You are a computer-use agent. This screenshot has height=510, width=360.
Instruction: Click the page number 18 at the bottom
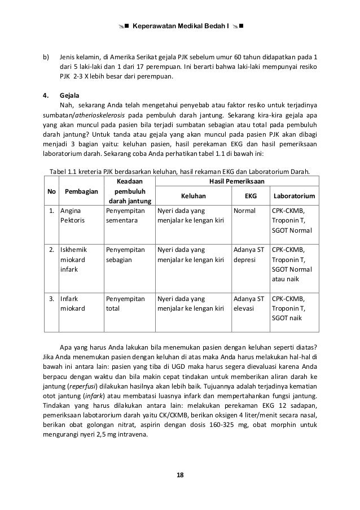[179, 489]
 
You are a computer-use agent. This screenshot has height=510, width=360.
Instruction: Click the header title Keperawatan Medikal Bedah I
[179, 26]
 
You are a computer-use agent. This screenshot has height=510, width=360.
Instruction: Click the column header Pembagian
[80, 191]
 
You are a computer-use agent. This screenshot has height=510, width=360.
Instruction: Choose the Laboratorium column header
[293, 196]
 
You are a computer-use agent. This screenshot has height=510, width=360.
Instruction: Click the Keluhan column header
[193, 196]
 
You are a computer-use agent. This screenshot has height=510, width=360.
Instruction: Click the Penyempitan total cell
[125, 303]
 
